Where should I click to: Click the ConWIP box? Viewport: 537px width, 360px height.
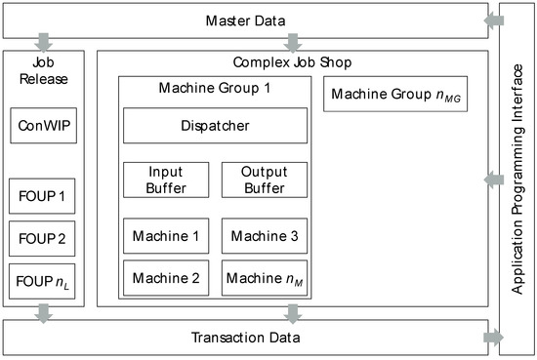(42, 126)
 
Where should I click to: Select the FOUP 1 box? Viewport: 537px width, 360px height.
(42, 195)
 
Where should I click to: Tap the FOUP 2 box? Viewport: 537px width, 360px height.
(42, 237)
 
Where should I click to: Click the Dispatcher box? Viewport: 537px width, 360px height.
(215, 126)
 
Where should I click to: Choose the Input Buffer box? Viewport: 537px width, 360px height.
(166, 180)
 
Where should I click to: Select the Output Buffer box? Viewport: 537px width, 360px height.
(264, 180)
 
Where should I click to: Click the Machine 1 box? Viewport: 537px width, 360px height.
(166, 236)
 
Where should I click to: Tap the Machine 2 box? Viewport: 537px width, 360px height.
(166, 278)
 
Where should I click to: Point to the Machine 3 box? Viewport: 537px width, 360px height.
(264, 236)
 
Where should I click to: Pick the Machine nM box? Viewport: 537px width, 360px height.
(264, 278)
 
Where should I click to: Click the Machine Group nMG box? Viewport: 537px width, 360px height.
(396, 96)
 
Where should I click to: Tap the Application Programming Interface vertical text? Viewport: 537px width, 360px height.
(517, 180)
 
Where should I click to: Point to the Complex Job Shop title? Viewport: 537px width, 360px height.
(293, 61)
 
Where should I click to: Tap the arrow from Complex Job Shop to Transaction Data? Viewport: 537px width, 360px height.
(293, 313)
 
